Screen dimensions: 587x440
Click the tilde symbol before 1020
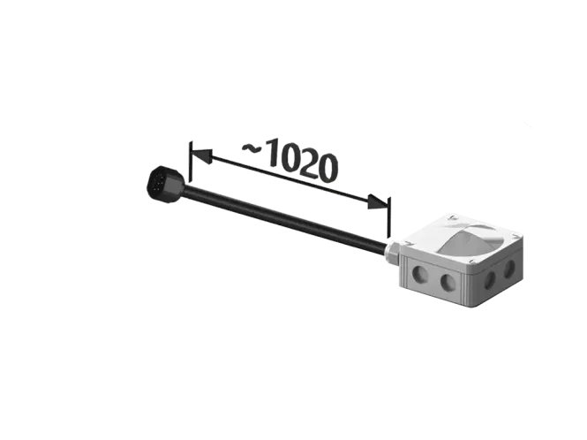coord(252,148)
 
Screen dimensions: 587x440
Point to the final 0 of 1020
coord(324,168)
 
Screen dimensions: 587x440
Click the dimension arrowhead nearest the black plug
coord(202,156)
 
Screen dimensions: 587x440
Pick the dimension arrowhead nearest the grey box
coord(378,202)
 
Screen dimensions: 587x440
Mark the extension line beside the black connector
coord(191,161)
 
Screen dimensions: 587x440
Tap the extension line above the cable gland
coord(389,217)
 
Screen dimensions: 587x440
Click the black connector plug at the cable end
coord(165,185)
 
